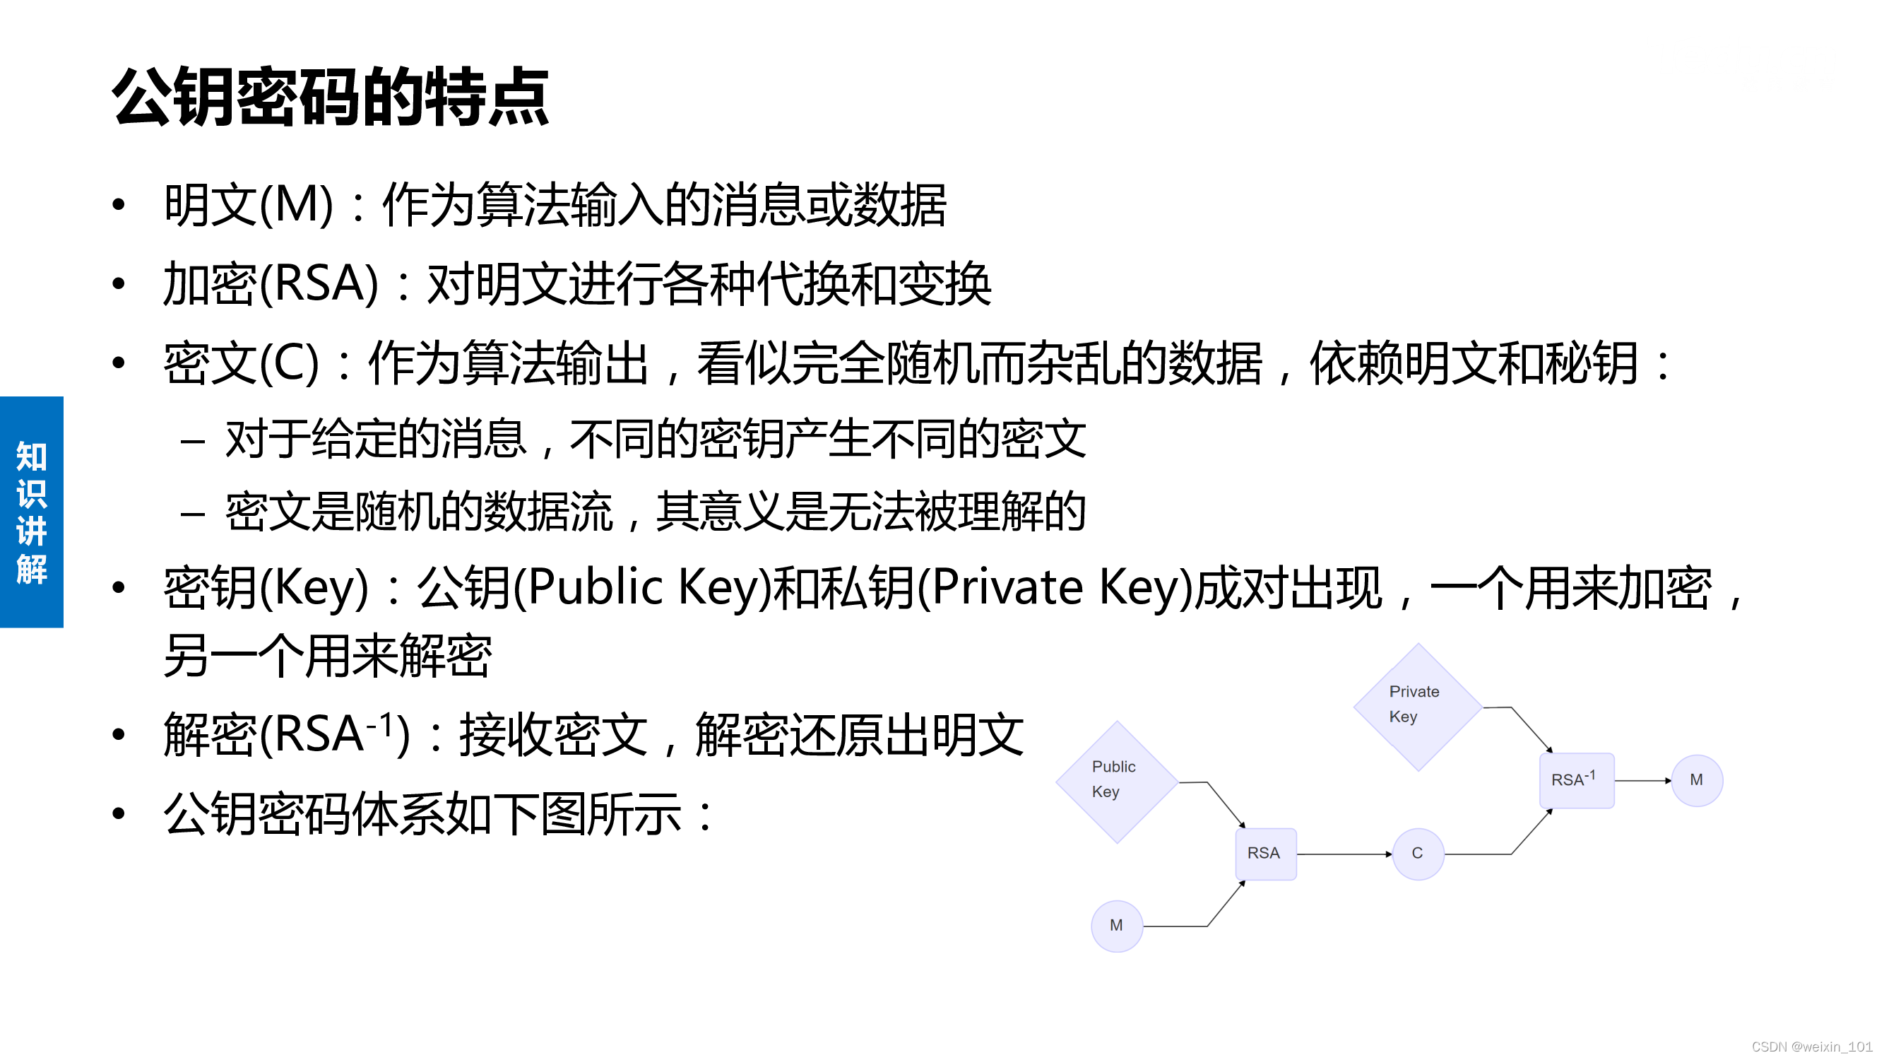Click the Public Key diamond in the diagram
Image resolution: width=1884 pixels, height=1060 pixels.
1117,782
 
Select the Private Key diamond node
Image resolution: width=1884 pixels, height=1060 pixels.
1417,707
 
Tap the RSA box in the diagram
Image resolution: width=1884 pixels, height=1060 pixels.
1265,854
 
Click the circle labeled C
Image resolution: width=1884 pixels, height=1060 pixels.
1418,854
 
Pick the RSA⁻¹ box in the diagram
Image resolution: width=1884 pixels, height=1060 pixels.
1576,781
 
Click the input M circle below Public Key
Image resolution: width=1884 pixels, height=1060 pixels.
1117,926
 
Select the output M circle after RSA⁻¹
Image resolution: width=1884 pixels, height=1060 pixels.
1697,781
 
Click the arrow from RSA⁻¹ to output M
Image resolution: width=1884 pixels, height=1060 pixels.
1642,781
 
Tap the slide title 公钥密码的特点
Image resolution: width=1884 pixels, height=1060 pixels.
330,97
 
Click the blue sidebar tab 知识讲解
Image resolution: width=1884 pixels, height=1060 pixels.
32,512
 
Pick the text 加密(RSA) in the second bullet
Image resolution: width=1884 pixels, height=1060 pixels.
271,284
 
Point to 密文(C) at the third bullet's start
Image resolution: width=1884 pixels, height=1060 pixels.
242,363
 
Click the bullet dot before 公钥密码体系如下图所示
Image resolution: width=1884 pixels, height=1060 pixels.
119,813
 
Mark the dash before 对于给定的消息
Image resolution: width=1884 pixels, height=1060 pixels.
192,441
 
